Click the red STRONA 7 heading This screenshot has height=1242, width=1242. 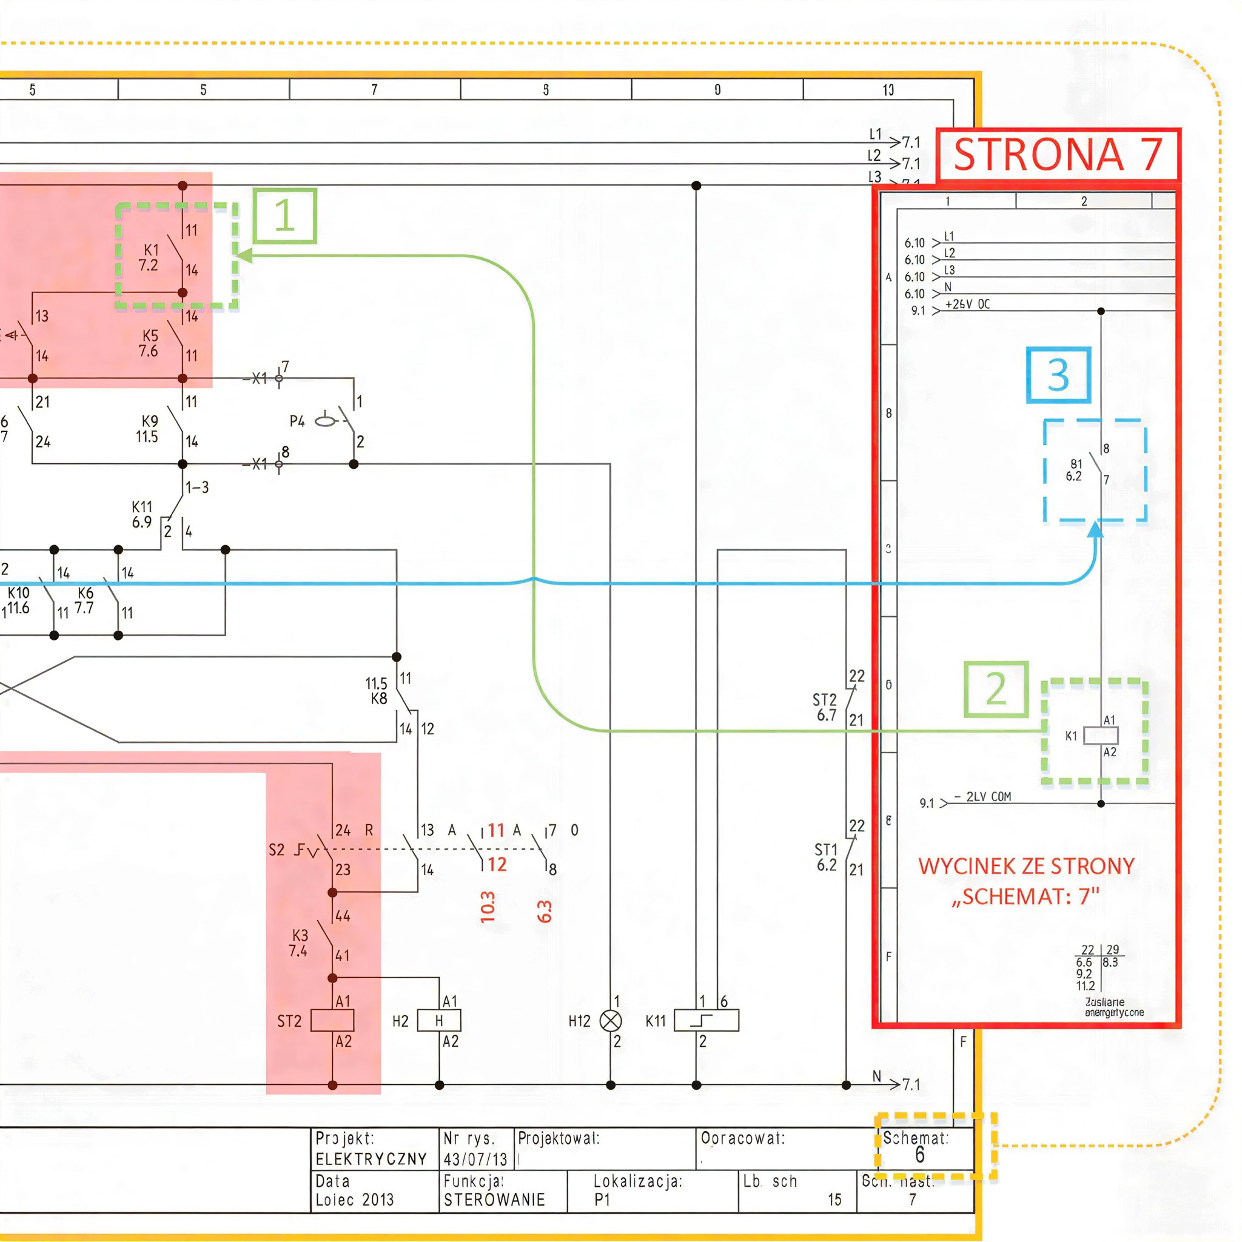1058,155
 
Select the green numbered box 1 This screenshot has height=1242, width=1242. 285,216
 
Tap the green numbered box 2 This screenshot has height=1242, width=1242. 996,689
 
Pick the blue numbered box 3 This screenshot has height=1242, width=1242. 1058,375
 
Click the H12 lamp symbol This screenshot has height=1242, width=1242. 610,1020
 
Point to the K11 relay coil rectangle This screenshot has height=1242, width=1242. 706,1020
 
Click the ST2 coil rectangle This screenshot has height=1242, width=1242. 332,1020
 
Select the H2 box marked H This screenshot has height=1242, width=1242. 439,1020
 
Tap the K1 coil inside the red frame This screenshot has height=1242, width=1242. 1101,736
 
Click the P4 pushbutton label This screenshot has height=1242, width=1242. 297,421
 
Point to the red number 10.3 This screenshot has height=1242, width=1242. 488,907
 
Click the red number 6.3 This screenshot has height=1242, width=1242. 544,911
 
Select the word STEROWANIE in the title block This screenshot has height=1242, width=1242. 494,1200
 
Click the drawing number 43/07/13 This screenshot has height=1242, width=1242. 475,1159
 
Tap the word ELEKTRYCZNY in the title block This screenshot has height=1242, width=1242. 371,1159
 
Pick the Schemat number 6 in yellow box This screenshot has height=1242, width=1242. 919,1155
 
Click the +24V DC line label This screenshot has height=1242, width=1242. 967,304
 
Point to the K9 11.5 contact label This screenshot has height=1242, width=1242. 148,429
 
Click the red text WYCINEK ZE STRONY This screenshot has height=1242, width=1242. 1026,867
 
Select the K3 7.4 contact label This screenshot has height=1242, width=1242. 299,943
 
